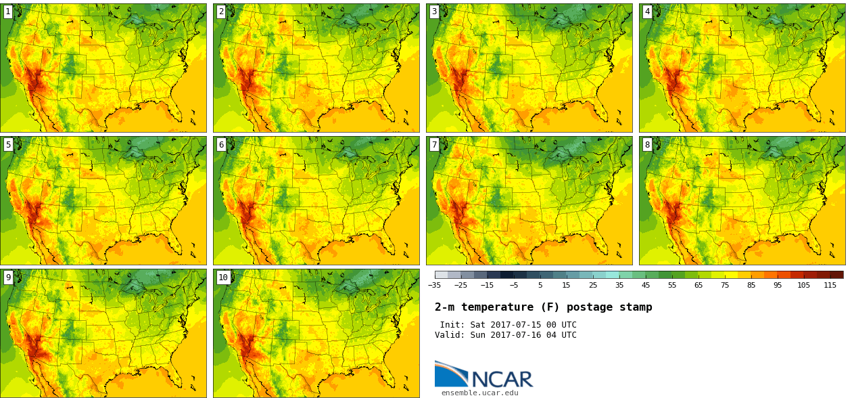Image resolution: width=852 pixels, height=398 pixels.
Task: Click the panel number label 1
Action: tap(8, 12)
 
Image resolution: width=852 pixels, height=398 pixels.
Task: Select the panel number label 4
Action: tap(647, 12)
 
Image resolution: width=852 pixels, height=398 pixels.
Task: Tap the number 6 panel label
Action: tap(221, 145)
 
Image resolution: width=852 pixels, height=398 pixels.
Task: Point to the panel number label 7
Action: tap(434, 145)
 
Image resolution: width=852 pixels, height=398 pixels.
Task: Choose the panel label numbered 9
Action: tap(8, 278)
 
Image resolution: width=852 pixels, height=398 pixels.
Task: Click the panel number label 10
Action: tap(223, 278)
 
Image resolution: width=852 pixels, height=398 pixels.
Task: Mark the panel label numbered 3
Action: tap(434, 12)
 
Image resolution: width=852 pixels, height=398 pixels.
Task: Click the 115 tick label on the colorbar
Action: tap(830, 286)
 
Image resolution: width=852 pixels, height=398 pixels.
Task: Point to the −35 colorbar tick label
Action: tap(434, 286)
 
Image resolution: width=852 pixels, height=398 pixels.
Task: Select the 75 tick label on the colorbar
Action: tap(724, 286)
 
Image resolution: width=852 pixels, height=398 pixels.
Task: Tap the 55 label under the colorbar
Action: tap(671, 286)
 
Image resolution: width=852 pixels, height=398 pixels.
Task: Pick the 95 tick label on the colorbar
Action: tap(777, 286)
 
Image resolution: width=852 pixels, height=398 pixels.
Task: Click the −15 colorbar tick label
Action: tap(487, 286)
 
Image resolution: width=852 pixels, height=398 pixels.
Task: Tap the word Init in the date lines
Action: tap(453, 325)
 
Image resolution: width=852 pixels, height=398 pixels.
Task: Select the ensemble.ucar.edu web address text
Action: tap(479, 393)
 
